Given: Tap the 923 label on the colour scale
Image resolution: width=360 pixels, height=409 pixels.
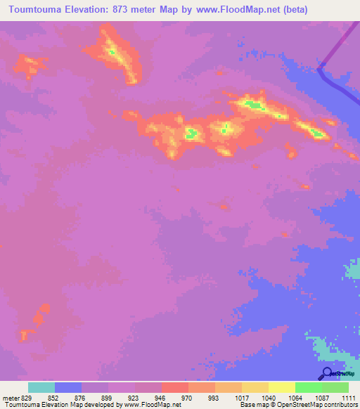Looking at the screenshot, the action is (135, 396).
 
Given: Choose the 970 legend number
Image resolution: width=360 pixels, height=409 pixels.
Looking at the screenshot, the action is (188, 396).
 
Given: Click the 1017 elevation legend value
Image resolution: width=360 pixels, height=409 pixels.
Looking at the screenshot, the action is (241, 396).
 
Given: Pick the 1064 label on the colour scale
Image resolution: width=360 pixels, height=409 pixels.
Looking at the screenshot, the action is (295, 396).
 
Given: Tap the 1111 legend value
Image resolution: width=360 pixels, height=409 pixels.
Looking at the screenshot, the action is (347, 396).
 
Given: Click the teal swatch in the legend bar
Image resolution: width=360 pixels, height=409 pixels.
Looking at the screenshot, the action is (41, 387).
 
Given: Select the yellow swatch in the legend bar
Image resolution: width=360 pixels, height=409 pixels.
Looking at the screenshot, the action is (281, 387).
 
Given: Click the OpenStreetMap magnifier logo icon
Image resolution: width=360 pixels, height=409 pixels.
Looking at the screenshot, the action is (326, 373).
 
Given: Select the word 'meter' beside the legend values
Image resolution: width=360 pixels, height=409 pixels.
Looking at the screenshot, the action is (9, 396).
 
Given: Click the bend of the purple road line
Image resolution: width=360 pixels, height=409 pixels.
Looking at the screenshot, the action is (320, 69).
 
